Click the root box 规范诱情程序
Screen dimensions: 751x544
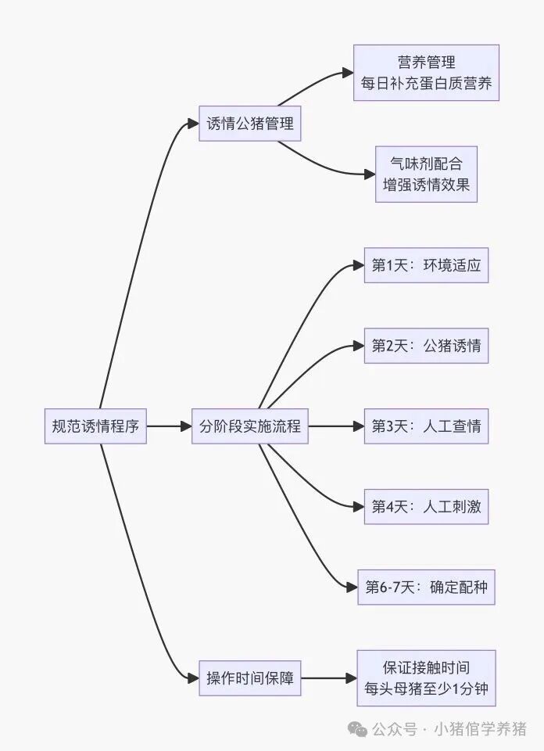(x=95, y=426)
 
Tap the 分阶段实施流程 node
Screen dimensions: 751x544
(x=250, y=426)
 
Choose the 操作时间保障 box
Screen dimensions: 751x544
(x=250, y=678)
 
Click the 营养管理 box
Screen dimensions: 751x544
(x=426, y=73)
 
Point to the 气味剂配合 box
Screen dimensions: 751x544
(x=426, y=174)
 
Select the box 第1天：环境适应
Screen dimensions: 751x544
(x=426, y=265)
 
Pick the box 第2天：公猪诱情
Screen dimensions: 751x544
(x=426, y=345)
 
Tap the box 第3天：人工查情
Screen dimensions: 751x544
(x=426, y=426)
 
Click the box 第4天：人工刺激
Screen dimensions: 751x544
(x=426, y=507)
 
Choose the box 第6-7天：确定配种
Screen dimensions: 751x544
(x=426, y=587)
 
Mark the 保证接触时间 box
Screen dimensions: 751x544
(x=426, y=678)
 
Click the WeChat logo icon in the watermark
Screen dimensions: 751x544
(x=359, y=729)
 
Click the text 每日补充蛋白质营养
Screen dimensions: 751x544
(x=426, y=84)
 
